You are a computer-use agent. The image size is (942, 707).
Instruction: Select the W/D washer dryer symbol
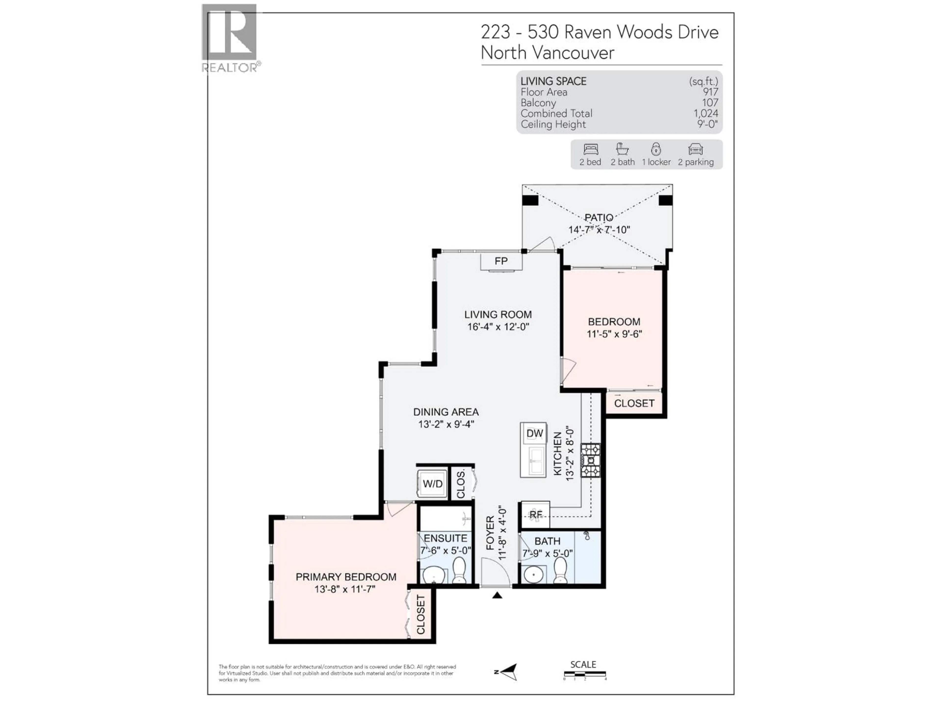pyautogui.click(x=432, y=484)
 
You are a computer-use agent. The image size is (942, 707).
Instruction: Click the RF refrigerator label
pyautogui.click(x=535, y=515)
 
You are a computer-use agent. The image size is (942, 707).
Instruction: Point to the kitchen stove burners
pyautogui.click(x=591, y=460)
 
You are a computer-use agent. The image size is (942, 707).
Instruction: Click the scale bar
pyautogui.click(x=584, y=674)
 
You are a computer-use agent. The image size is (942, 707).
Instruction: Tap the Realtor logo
pyautogui.click(x=230, y=38)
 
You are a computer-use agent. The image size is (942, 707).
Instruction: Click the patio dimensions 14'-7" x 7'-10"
pyautogui.click(x=599, y=230)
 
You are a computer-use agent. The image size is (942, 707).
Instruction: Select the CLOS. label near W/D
pyautogui.click(x=461, y=484)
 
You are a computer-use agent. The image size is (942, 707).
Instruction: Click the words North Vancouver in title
pyautogui.click(x=547, y=53)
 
